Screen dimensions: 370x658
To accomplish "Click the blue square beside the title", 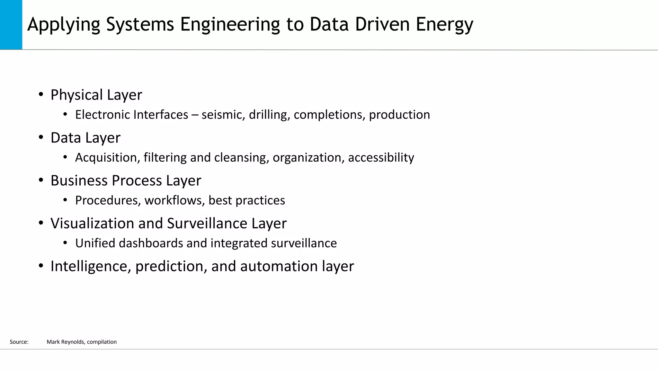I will (11, 25).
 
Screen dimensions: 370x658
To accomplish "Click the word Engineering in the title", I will (230, 24).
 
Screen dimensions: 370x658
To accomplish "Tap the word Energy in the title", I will (444, 24).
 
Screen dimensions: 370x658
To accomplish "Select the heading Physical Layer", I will (96, 95).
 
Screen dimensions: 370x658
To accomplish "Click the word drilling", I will (269, 115).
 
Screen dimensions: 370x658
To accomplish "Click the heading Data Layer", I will (85, 138).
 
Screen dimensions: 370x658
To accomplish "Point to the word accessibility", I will (381, 157).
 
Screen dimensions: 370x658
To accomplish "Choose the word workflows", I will (174, 200).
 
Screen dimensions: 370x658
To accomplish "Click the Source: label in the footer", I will (19, 342).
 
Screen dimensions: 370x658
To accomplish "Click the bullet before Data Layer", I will (41, 138).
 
